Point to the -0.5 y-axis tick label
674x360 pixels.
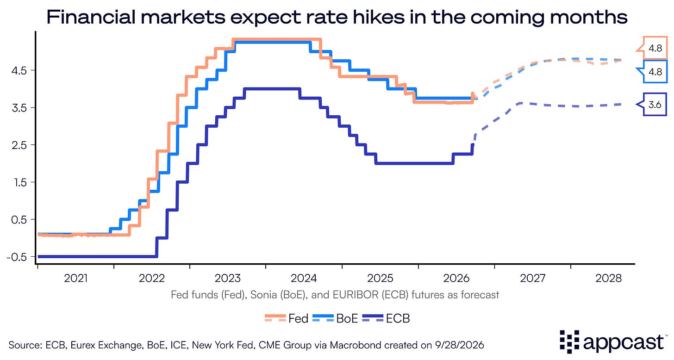(17, 257)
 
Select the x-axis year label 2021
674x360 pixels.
(76, 278)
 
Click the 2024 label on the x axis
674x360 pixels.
(304, 278)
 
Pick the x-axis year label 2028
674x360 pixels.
(608, 278)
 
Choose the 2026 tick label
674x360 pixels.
(456, 278)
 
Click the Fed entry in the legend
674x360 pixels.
(287, 318)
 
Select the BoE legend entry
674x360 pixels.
(335, 318)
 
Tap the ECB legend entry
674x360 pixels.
(386, 318)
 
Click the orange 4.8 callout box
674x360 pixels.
(653, 48)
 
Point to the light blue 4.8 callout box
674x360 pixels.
(653, 72)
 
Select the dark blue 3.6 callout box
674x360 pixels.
(653, 105)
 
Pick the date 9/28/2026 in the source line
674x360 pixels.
(460, 345)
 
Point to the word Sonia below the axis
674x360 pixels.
(263, 295)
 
